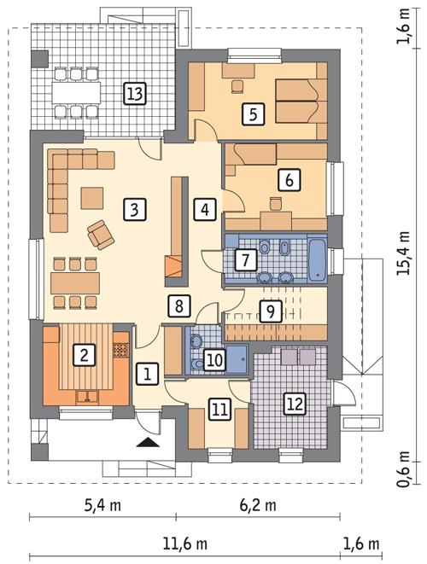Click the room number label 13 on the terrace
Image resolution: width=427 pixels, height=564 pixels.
pyautogui.click(x=132, y=92)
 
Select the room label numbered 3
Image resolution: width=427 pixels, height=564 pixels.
pyautogui.click(x=132, y=207)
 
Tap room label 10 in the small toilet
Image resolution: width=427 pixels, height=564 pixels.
pyautogui.click(x=214, y=360)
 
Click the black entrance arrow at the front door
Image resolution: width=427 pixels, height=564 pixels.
pyautogui.click(x=148, y=441)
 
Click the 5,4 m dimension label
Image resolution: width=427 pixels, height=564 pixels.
pyautogui.click(x=102, y=505)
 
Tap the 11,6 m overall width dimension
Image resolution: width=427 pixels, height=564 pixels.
pyautogui.click(x=184, y=544)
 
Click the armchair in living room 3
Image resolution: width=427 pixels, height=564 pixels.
pyautogui.click(x=100, y=232)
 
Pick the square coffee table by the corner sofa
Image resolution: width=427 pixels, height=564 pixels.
pyautogui.click(x=91, y=197)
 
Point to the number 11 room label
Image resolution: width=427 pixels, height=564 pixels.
pyautogui.click(x=219, y=410)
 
